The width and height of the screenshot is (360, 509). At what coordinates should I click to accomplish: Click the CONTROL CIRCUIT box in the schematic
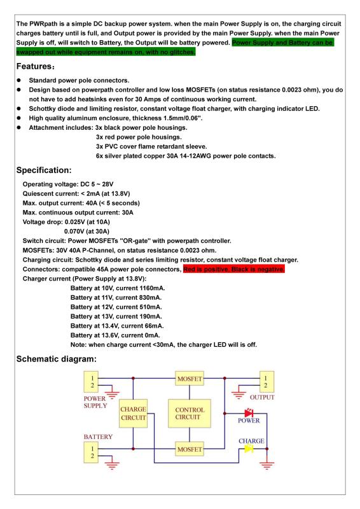[189, 414]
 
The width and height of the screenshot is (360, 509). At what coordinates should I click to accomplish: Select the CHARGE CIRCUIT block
[133, 414]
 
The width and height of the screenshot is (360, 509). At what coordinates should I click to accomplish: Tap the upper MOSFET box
[189, 380]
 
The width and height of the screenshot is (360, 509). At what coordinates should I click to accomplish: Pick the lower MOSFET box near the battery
[189, 450]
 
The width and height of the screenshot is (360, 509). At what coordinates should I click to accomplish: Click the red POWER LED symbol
[249, 414]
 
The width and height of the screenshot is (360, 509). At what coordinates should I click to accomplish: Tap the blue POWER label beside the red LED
[249, 421]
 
